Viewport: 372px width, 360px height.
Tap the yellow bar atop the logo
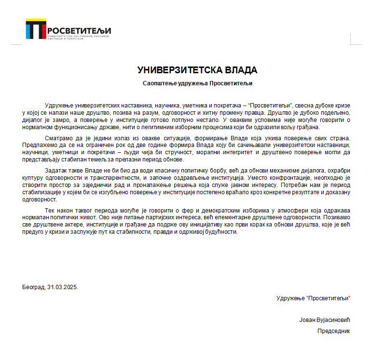pyautogui.click(x=36, y=21)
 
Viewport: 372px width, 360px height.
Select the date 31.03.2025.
pyautogui.click(x=62, y=287)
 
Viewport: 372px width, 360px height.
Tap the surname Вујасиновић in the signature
pyautogui.click(x=333, y=320)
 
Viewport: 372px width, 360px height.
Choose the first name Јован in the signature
pyautogui.click(x=307, y=320)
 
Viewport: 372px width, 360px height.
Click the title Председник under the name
pyautogui.click(x=333, y=331)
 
